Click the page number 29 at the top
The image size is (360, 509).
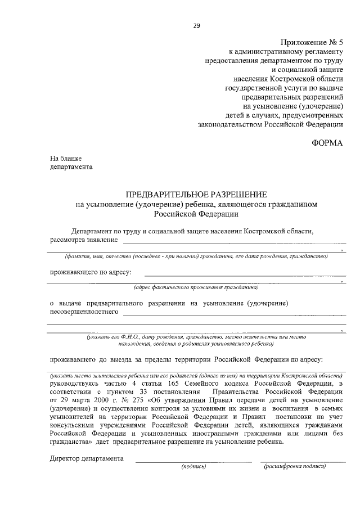tap(196, 25)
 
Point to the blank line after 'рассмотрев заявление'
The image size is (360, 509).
tap(233, 242)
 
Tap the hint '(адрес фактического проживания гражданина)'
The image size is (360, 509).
tap(196, 287)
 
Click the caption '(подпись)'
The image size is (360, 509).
tap(193, 466)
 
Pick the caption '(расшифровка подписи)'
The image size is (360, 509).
tap(295, 466)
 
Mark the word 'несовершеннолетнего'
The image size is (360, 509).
tap(84, 312)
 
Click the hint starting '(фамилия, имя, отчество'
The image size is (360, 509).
tap(196, 255)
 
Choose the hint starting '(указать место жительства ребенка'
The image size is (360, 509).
tap(196, 375)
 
